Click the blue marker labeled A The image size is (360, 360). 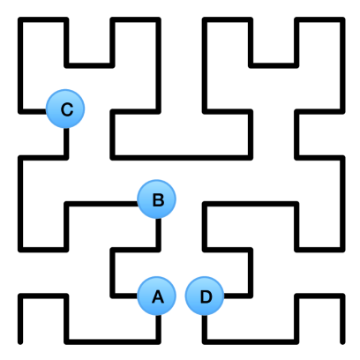coord(158,296)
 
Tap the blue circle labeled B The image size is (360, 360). coord(158,199)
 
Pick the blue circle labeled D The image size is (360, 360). coord(205,296)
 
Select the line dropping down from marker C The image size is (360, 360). coord(65,141)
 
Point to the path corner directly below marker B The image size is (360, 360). coord(158,249)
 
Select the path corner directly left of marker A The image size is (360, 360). coord(112,296)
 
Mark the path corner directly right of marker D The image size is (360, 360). coord(251,296)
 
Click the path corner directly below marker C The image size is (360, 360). coord(65,157)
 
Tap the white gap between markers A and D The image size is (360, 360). coord(182,296)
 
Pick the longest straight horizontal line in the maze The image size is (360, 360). coord(181,157)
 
